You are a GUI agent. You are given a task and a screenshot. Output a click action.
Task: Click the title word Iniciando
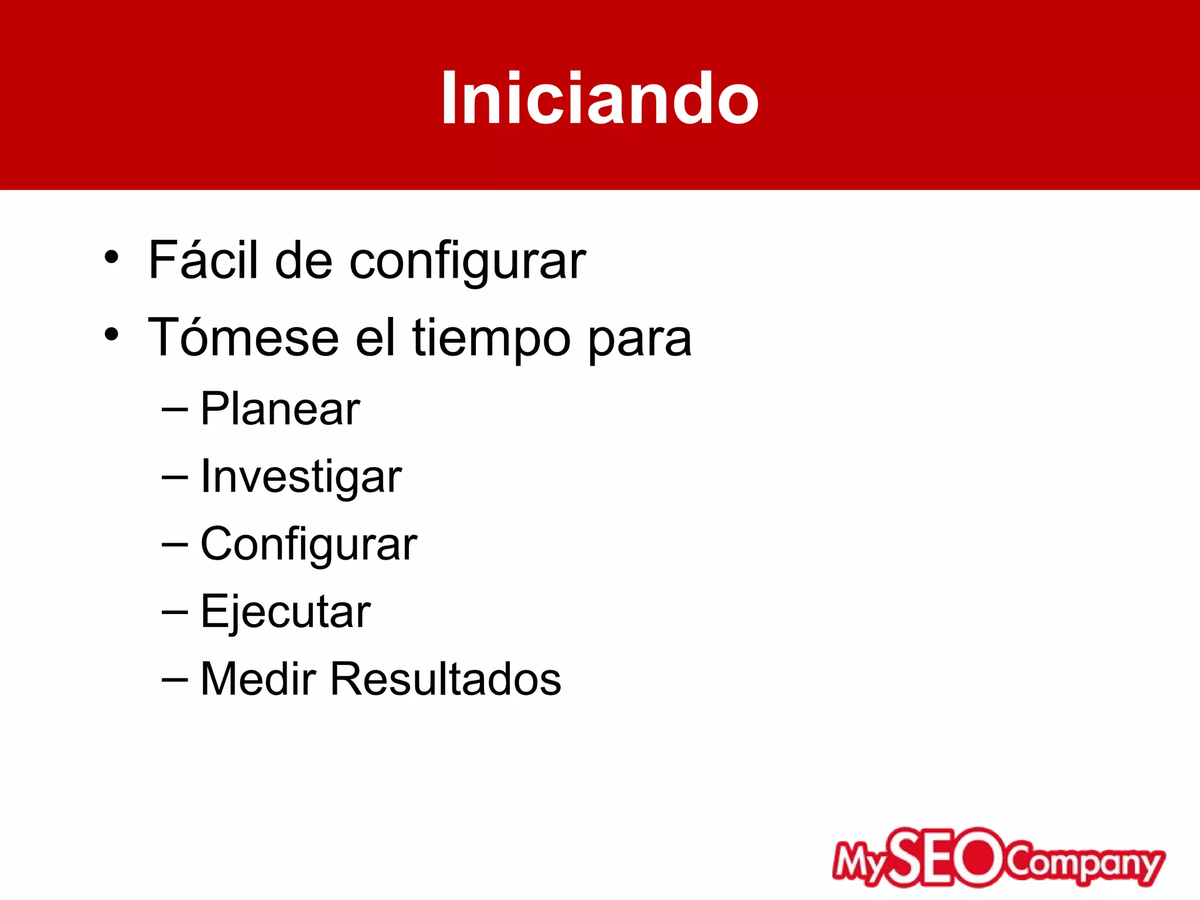[599, 98]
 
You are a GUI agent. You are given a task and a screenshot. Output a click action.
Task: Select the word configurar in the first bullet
[468, 261]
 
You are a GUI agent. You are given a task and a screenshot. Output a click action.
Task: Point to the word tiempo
[491, 339]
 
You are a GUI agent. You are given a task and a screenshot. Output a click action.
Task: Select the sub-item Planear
[280, 408]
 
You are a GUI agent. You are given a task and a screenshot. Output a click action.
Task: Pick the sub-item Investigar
[301, 476]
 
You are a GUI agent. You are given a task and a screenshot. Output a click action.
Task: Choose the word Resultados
[445, 679]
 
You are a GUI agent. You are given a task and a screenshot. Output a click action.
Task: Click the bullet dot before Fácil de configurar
[111, 257]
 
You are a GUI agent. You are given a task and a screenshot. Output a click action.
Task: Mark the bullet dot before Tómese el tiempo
[111, 335]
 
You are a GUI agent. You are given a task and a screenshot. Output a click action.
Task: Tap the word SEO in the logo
[949, 858]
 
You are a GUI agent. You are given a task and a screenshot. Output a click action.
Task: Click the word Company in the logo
[1084, 862]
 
